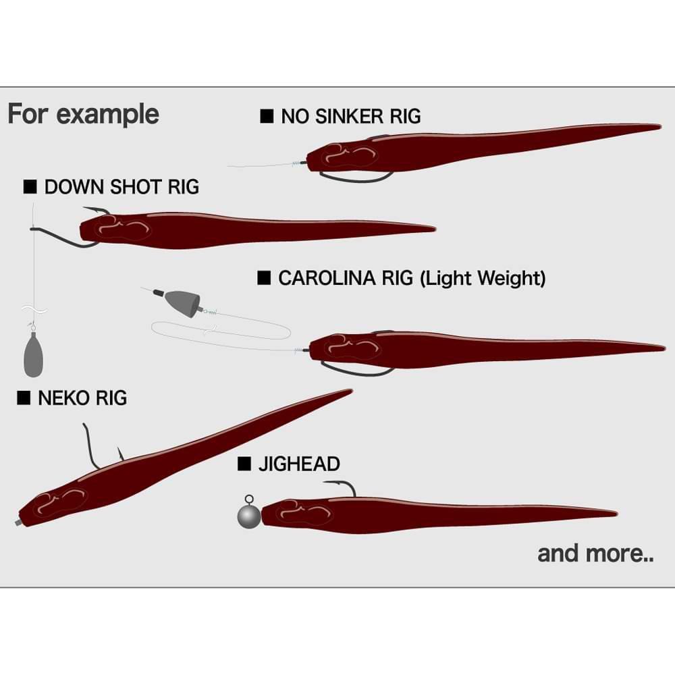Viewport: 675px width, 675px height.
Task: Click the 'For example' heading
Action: [x=83, y=114]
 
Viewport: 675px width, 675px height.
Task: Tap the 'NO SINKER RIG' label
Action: [x=350, y=116]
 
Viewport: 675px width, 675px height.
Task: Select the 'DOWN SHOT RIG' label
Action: [x=122, y=187]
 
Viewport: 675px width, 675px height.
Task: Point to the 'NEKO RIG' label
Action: [x=82, y=398]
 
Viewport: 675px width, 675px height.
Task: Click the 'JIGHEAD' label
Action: [x=298, y=464]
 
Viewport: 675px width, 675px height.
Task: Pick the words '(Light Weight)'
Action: [x=483, y=278]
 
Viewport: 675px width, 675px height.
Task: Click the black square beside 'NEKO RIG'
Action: [x=24, y=398]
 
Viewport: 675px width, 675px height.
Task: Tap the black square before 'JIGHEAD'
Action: [x=244, y=464]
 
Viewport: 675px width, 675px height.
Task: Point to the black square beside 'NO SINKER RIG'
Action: [x=267, y=116]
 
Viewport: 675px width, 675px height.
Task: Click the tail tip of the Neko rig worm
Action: [x=350, y=391]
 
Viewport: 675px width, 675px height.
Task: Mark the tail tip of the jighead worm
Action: [x=615, y=514]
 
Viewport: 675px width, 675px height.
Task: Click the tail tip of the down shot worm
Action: [x=433, y=227]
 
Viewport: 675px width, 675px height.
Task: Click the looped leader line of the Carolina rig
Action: [x=223, y=331]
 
